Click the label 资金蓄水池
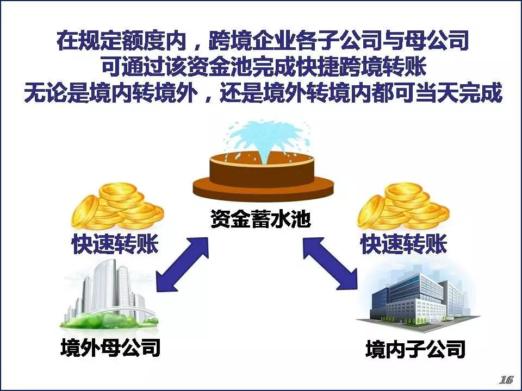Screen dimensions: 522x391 (260, 220)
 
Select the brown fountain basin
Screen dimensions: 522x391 (263, 176)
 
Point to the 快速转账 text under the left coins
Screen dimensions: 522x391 (115, 245)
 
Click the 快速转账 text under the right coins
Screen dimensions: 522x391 (403, 245)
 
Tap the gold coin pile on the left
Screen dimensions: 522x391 (117, 206)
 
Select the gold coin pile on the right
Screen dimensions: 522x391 (403, 206)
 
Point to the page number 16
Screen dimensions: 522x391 (506, 379)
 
